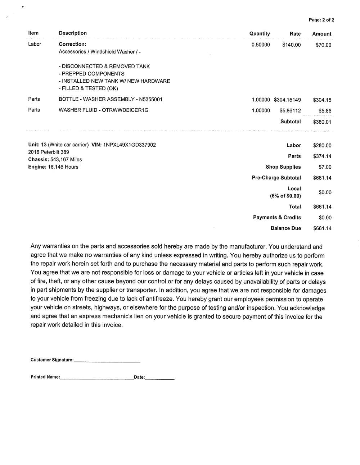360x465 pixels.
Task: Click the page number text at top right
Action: click(321, 20)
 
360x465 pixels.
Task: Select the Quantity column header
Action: click(260, 33)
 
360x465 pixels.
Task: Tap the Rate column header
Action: click(295, 34)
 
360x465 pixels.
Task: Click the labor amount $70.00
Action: click(323, 45)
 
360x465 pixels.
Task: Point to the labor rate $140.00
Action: click(291, 45)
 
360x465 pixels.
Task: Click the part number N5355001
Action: click(150, 99)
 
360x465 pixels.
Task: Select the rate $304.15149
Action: click(287, 100)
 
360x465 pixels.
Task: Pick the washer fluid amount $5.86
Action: click(325, 111)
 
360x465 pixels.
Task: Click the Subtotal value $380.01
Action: click(322, 122)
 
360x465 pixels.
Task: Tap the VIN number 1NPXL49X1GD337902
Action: click(129, 145)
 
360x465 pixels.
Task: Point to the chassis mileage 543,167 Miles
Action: click(66, 159)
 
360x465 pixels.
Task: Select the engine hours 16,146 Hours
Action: click(63, 167)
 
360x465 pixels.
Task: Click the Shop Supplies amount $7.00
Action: click(325, 167)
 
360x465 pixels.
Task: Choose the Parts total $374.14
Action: click(322, 156)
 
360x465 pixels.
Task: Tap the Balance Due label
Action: click(285, 228)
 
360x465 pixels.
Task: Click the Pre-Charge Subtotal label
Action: click(276, 178)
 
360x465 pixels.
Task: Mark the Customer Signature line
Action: click(107, 361)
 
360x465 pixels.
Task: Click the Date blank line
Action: click(160, 378)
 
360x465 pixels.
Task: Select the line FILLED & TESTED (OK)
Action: click(88, 88)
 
